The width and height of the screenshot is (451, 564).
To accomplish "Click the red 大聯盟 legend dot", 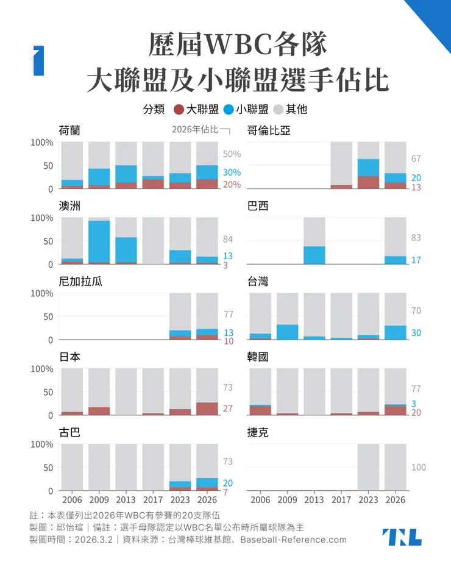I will coord(179,110).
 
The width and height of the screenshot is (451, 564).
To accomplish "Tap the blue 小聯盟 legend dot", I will coord(229,110).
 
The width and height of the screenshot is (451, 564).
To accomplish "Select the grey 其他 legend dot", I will coord(278,110).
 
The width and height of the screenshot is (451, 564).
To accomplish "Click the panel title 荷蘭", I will coord(69,130).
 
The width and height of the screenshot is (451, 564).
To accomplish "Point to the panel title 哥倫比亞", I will coord(269,130).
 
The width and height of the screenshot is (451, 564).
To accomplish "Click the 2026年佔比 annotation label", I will coord(194,129).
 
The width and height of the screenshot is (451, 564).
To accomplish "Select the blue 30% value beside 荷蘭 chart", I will coord(232,173).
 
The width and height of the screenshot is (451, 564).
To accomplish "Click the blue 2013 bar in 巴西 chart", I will coord(314,255).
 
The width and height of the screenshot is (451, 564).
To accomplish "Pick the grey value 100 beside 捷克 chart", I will coord(418,468).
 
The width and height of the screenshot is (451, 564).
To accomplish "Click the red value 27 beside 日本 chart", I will coord(227,408).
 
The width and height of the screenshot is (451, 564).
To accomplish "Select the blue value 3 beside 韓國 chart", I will coord(414,404).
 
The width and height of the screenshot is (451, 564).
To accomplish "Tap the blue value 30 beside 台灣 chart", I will coord(416,333).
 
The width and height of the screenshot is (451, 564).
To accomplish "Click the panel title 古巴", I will coord(69,432).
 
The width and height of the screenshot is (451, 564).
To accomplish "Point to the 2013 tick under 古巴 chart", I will coord(126,500).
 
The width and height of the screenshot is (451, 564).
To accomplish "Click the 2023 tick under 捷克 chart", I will coord(368,500).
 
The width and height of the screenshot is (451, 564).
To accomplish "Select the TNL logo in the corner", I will coord(402,537).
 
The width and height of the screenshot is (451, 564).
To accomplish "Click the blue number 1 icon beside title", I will coord(38,61).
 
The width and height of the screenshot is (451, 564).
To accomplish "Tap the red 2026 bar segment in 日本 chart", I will coord(207,409).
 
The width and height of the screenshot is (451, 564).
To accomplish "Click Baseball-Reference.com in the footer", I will coord(293,540).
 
